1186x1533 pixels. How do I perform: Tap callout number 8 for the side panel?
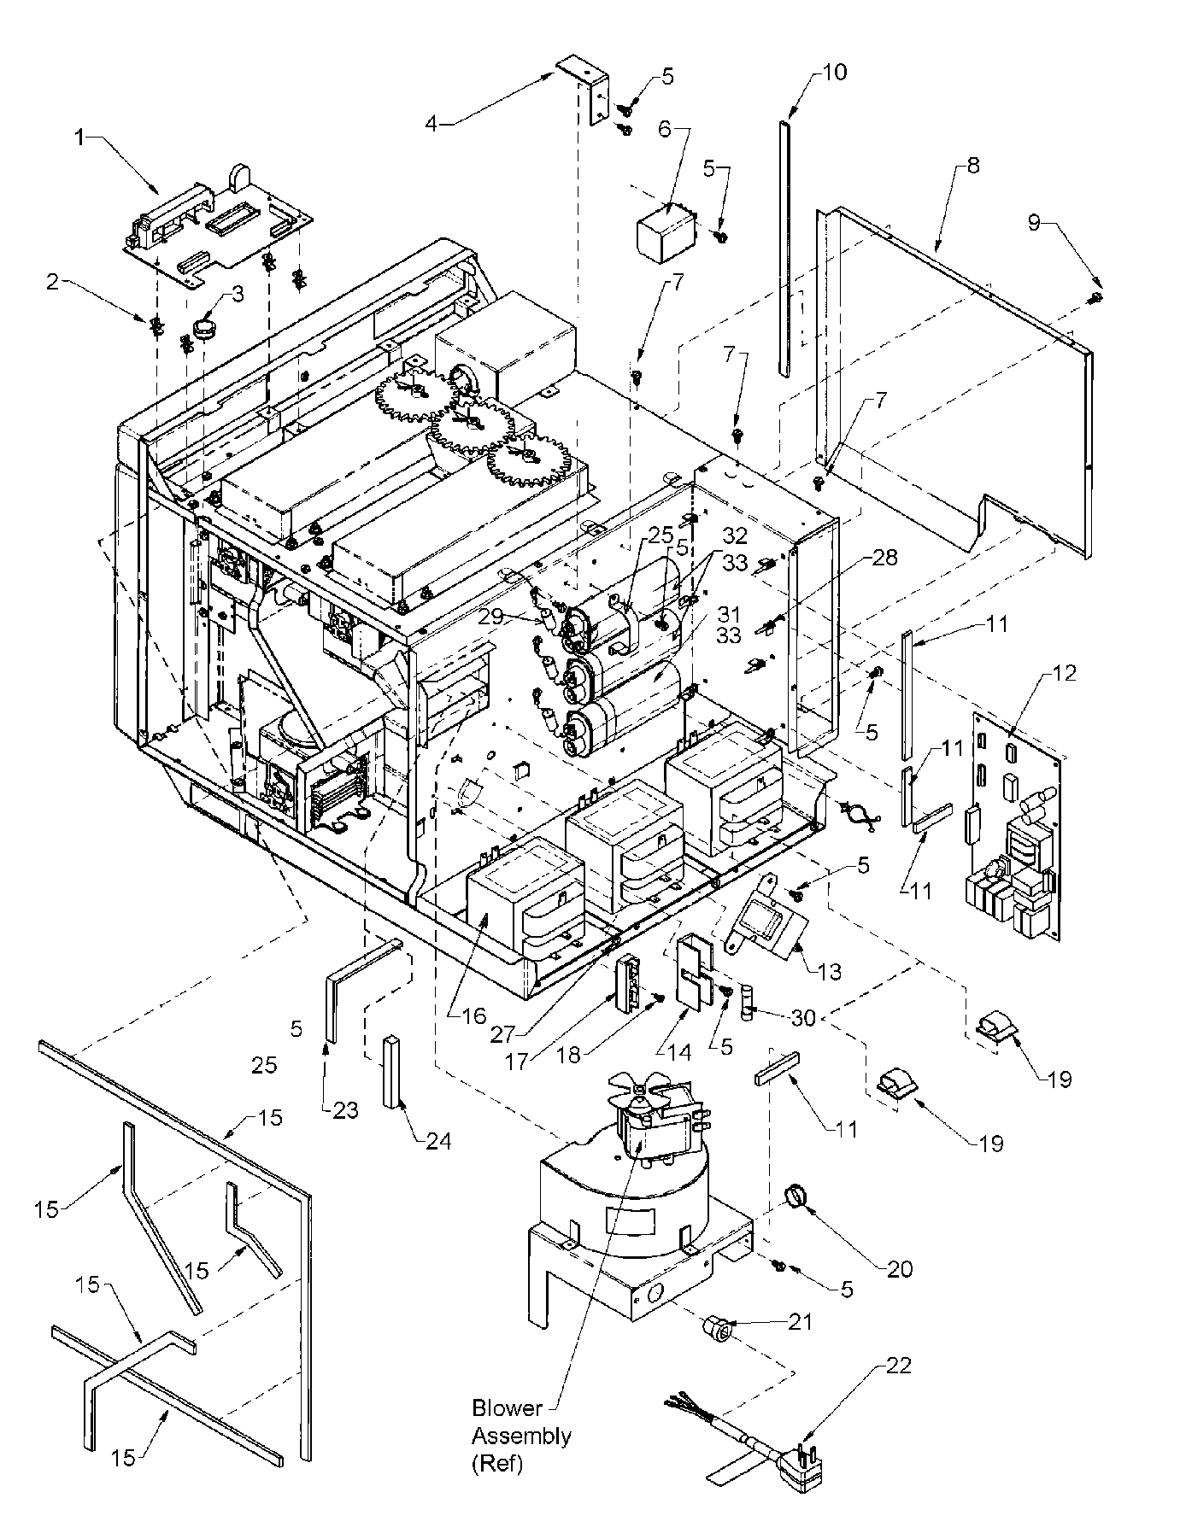coord(972,166)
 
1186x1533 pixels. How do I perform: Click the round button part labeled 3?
coord(205,327)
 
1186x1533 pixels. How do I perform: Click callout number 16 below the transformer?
coord(474,1015)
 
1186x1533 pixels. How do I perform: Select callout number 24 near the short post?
coord(438,1141)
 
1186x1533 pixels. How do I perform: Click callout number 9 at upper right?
coord(1035,222)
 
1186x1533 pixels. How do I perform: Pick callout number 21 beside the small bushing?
coord(799,1321)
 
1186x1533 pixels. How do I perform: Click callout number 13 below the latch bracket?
coord(829,971)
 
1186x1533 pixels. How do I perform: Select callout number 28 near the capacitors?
coord(885,558)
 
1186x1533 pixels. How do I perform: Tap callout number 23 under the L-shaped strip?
coord(346,1110)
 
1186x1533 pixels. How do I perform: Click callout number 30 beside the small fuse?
coord(802,1017)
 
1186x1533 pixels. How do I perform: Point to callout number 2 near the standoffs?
coord(54,282)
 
